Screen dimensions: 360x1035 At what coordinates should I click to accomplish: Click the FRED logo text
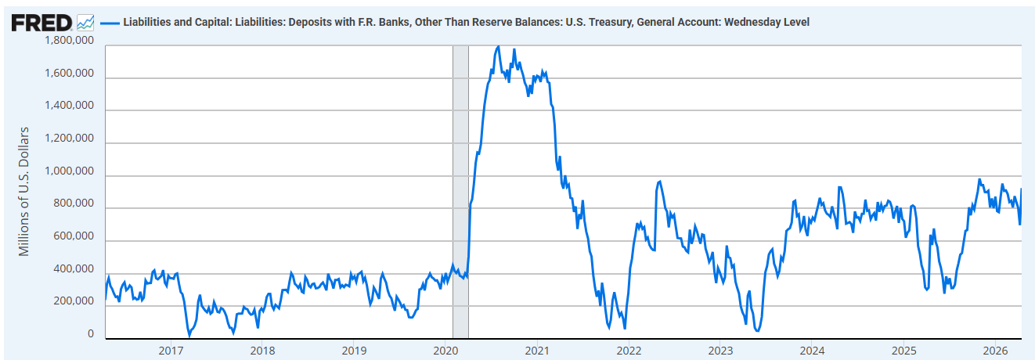pyautogui.click(x=41, y=22)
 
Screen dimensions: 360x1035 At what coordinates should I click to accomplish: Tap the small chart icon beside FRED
pyautogui.click(x=86, y=23)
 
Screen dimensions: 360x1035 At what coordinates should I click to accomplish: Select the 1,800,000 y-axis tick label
pyautogui.click(x=70, y=41)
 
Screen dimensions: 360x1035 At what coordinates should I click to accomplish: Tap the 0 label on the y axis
pyautogui.click(x=91, y=335)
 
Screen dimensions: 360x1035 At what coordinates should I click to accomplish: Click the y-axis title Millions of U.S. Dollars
pyautogui.click(x=24, y=191)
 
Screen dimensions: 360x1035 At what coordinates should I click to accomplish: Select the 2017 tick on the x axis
pyautogui.click(x=171, y=350)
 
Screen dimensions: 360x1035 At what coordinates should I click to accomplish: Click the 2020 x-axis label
pyautogui.click(x=445, y=350)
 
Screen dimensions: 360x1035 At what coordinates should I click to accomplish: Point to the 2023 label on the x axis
pyautogui.click(x=720, y=350)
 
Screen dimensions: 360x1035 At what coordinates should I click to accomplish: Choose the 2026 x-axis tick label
pyautogui.click(x=994, y=350)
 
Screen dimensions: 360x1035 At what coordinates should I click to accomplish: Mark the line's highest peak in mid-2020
pyautogui.click(x=499, y=46)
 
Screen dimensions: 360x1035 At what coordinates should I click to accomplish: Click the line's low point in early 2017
pyautogui.click(x=189, y=335)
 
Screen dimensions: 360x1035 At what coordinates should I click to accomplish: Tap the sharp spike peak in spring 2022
pyautogui.click(x=660, y=182)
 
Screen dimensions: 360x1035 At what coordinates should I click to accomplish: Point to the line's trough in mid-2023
pyautogui.click(x=757, y=331)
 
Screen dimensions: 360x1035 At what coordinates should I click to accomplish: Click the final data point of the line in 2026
pyautogui.click(x=1021, y=189)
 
